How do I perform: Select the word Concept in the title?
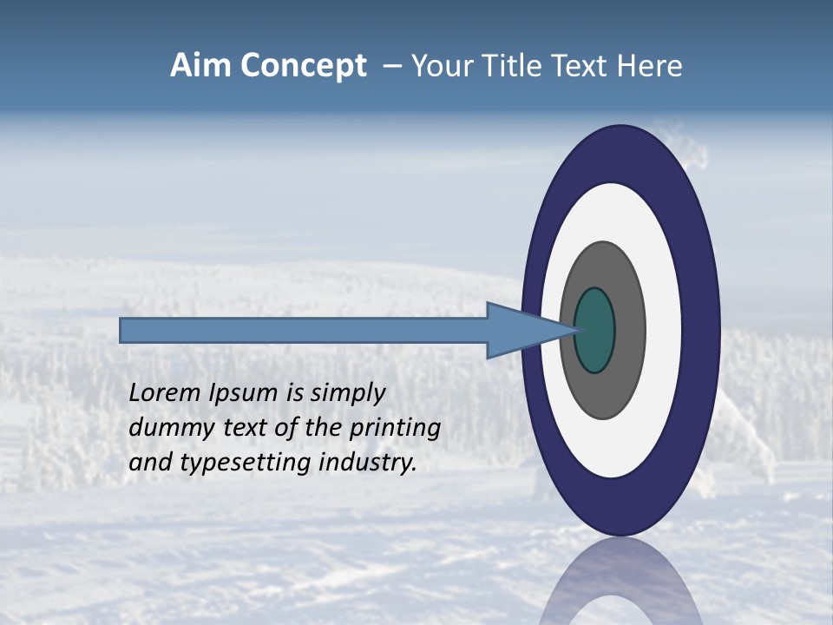(304, 66)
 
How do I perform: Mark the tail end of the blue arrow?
(126, 330)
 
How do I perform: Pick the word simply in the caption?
(347, 393)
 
